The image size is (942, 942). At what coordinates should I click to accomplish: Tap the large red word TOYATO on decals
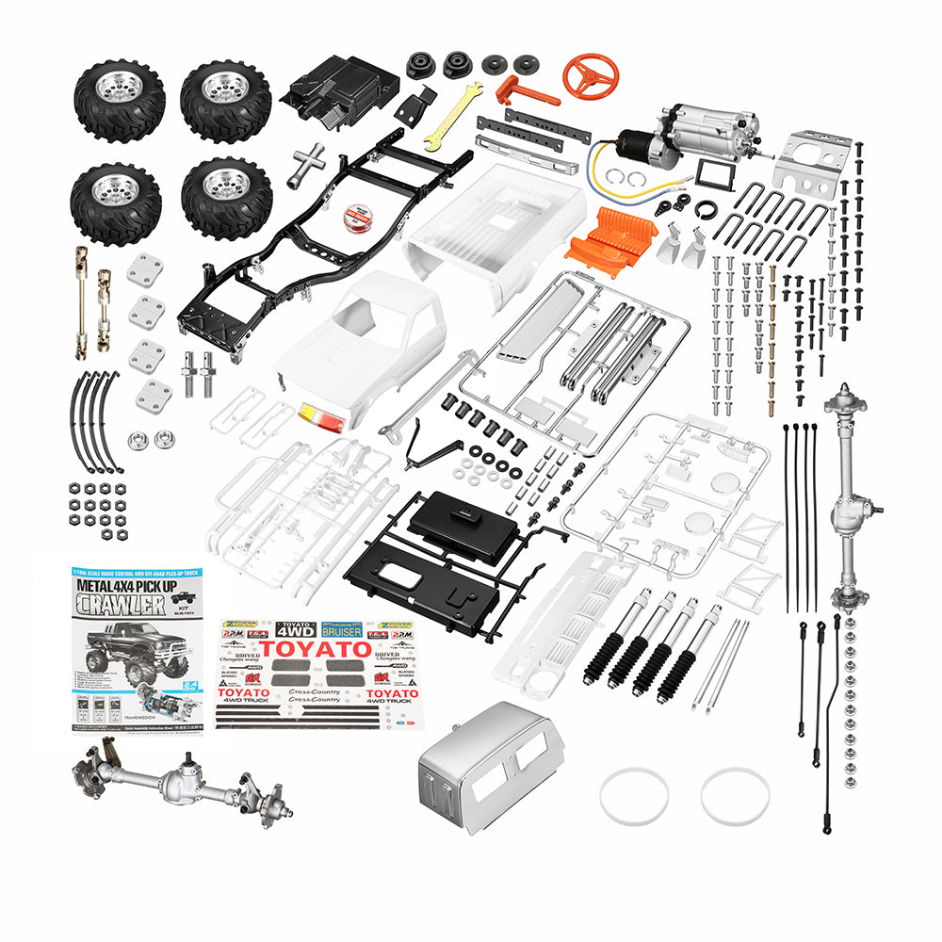[317, 649]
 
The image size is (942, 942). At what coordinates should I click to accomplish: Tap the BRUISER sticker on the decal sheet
[340, 629]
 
